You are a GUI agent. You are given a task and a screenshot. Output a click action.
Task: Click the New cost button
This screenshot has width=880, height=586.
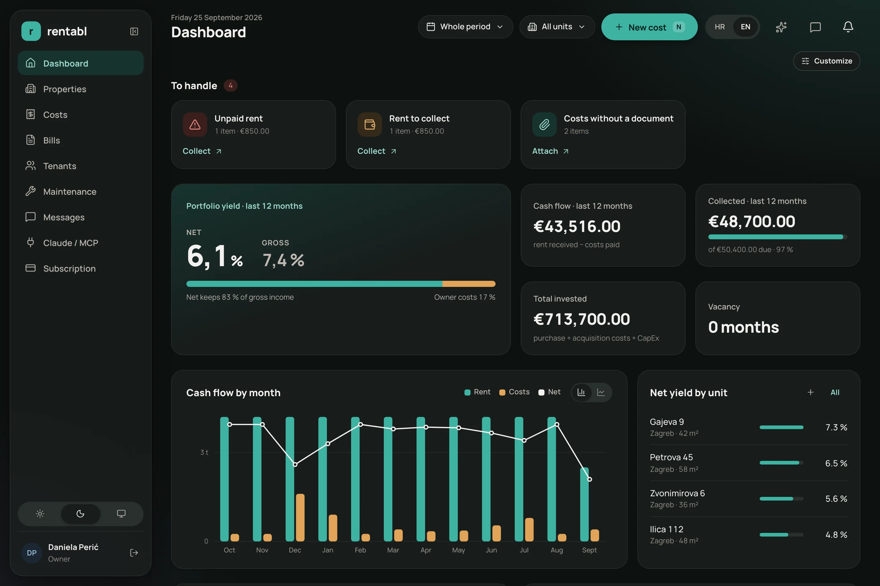649,27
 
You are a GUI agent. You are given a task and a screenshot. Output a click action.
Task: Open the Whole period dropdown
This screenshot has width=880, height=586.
465,27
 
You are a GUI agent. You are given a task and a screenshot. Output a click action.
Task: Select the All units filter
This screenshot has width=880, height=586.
557,27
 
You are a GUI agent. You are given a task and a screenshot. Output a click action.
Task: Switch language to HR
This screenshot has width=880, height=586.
720,27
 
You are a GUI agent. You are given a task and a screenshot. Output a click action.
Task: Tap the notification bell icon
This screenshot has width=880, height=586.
848,27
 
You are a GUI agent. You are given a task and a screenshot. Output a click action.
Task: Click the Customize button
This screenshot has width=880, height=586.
827,61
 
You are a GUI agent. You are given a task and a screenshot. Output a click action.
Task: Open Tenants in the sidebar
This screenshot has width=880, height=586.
60,166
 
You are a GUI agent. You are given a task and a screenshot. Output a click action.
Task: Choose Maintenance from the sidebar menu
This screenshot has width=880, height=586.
70,192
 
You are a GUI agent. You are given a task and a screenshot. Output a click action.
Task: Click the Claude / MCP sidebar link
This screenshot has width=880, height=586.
70,243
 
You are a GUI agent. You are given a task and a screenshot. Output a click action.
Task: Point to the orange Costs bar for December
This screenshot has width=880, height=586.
300,517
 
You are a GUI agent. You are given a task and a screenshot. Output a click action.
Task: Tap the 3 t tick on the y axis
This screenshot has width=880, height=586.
204,452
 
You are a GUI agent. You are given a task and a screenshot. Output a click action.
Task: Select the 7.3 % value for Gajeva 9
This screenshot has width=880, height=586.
836,427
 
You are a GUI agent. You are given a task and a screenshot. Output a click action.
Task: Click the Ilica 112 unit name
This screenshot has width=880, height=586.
666,529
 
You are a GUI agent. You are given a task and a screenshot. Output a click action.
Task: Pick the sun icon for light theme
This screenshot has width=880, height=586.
40,513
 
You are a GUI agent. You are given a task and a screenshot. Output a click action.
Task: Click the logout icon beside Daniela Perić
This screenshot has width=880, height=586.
134,553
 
